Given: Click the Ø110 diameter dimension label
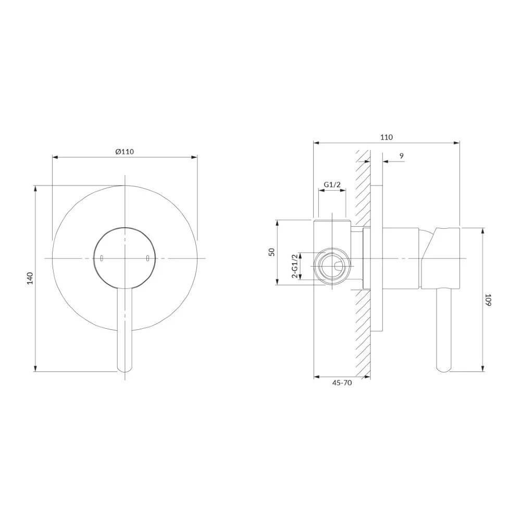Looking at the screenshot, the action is point(125,152).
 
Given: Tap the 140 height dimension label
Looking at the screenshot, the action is point(30,278).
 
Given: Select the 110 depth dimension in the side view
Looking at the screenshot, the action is point(387,137).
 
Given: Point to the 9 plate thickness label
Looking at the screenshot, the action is point(402,155).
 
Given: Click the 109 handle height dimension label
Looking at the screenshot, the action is point(488,300).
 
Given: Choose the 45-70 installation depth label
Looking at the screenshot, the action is point(342,383).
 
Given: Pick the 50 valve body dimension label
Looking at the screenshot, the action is point(272,252).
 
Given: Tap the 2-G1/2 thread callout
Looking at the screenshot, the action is point(294,266).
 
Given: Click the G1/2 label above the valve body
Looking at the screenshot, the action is point(332,185).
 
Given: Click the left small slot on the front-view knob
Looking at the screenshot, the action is point(102,258).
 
